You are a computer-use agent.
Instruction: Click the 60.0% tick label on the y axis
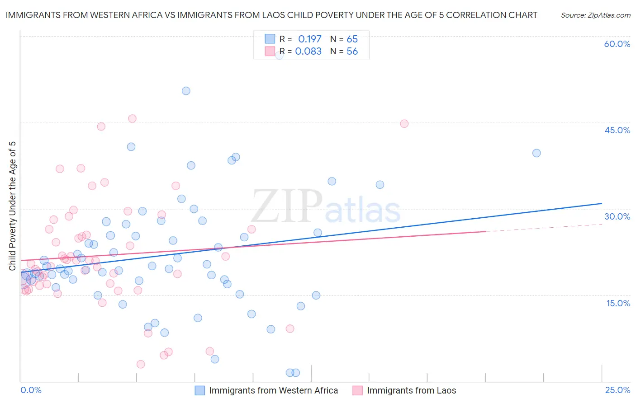[617, 44]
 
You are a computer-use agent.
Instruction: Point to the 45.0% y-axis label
[617, 130]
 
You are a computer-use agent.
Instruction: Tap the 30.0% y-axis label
[617, 216]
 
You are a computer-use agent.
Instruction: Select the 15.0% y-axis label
[618, 303]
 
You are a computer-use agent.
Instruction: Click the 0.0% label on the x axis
[31, 390]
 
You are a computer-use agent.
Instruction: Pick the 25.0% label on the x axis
[617, 390]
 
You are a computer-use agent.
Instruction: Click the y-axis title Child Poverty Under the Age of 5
[12, 206]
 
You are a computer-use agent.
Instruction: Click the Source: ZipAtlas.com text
[595, 15]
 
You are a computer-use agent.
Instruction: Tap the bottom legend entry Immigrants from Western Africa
[273, 390]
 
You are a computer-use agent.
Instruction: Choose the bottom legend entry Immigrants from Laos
[411, 390]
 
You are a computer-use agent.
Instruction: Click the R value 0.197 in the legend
[309, 39]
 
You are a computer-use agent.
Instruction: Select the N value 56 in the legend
[352, 52]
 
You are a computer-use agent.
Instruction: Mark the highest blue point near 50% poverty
[186, 91]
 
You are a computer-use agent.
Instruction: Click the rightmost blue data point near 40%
[536, 153]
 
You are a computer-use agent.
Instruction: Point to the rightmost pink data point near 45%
[404, 124]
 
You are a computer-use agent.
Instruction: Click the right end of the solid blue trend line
[602, 203]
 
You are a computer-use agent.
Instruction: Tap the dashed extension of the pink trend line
[543, 228]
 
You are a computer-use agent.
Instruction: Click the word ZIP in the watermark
[287, 207]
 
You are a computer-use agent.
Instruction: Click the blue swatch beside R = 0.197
[270, 39]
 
